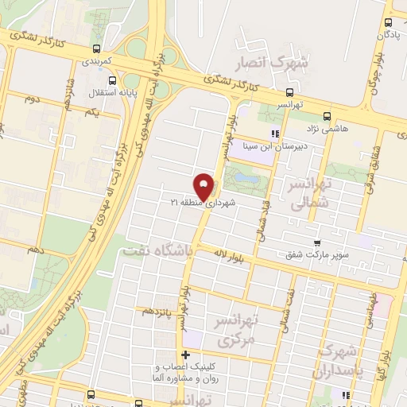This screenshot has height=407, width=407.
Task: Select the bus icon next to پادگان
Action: point(388,23)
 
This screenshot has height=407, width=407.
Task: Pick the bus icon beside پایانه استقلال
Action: point(110,80)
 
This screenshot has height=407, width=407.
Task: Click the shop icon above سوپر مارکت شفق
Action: point(317,242)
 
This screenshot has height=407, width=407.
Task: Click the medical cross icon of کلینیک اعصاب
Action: point(186,355)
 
